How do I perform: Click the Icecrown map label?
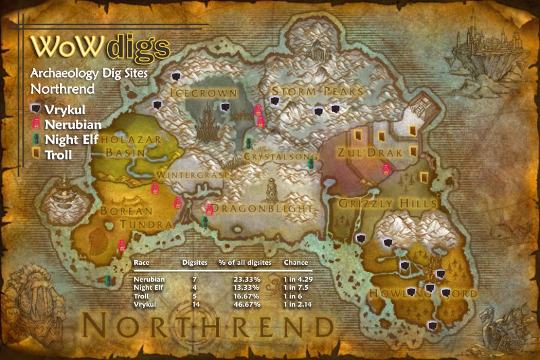tap(203, 93)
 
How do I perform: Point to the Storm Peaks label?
tap(317, 91)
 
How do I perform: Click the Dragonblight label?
tap(268, 209)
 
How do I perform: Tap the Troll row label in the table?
tap(140, 297)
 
